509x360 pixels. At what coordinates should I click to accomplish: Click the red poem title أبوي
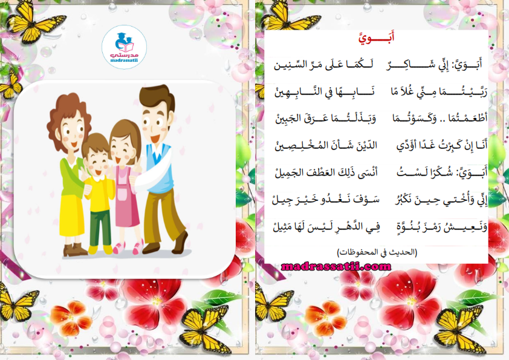(x=377, y=38)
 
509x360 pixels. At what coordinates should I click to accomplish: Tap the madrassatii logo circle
(x=125, y=47)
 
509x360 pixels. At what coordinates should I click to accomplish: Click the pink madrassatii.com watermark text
(x=336, y=267)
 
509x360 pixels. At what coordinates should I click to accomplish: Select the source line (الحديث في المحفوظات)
(x=377, y=252)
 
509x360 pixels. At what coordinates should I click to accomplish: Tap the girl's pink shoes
(x=128, y=248)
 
